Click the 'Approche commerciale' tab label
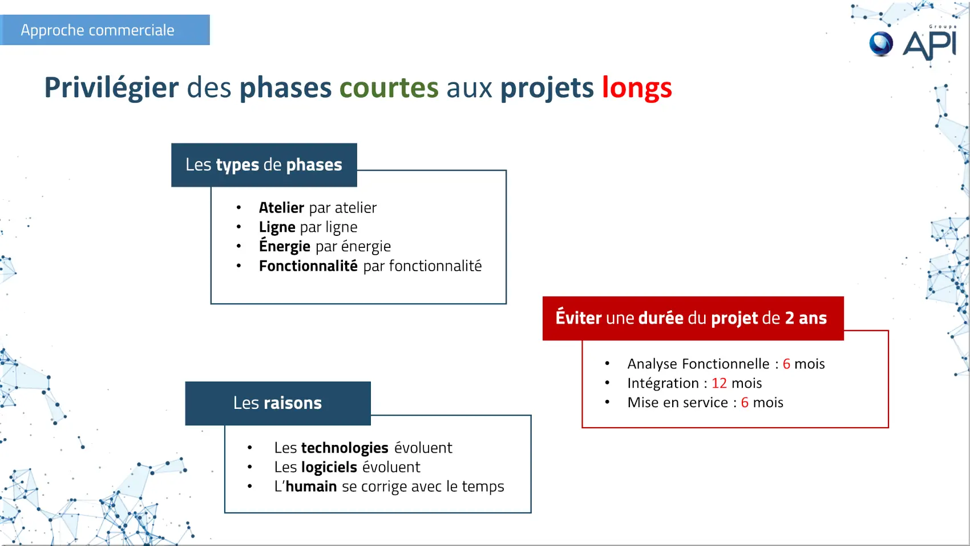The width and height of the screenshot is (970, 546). pos(98,30)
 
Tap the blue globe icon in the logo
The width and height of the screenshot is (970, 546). pos(881,44)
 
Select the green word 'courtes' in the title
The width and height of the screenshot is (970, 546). pos(389,87)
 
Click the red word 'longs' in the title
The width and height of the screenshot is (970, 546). pos(637,89)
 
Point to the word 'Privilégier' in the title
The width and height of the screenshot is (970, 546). pos(111,89)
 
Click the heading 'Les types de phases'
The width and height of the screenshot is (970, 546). pos(264,165)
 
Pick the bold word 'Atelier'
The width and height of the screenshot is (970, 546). pos(281,207)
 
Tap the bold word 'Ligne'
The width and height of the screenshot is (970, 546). pos(277,227)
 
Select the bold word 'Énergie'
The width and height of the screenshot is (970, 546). pos(285,246)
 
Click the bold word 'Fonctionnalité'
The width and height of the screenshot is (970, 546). pos(308,266)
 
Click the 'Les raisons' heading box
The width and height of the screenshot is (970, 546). pos(278,403)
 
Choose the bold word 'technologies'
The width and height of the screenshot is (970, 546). pos(345,448)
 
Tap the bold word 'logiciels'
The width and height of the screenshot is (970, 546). pos(329,467)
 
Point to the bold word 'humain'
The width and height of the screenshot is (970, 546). pos(311,486)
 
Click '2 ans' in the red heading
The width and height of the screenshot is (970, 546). pos(806,318)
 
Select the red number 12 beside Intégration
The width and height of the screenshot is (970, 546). pos(720,383)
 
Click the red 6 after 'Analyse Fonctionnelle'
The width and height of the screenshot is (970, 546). pos(786,364)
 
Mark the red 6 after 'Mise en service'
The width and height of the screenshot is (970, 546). pos(745,403)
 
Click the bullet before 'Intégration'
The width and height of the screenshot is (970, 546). pos(608,383)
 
